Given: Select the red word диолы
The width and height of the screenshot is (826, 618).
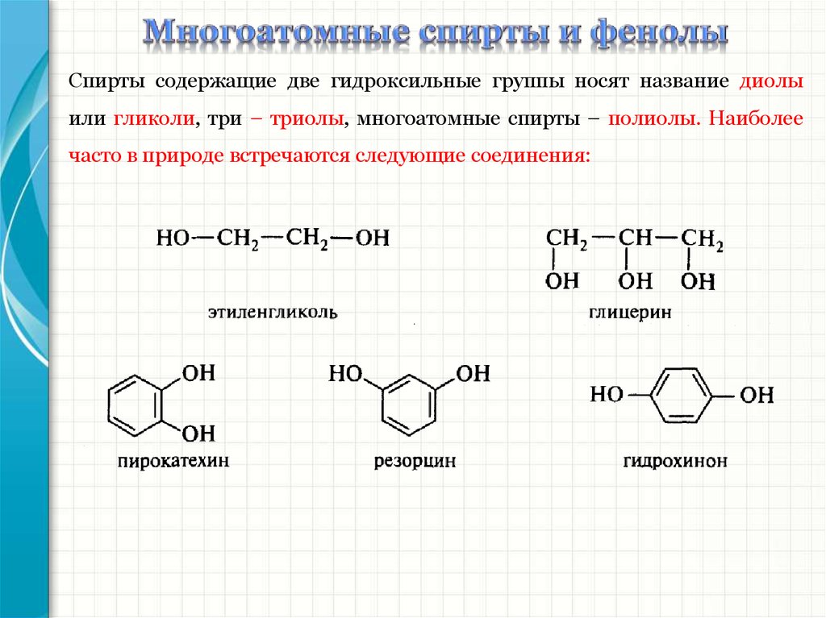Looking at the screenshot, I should [x=771, y=82].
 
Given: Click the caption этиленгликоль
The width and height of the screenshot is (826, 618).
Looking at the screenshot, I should [x=272, y=311].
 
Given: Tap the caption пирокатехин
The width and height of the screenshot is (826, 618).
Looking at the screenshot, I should [x=173, y=462].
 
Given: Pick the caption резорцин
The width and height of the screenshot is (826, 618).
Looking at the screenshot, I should [x=415, y=462].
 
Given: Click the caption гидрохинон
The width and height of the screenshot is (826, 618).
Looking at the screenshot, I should [x=675, y=462].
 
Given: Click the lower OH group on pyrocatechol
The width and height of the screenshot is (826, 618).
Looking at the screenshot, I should [x=198, y=434].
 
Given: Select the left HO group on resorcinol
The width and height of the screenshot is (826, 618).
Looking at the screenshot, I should [x=344, y=373].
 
